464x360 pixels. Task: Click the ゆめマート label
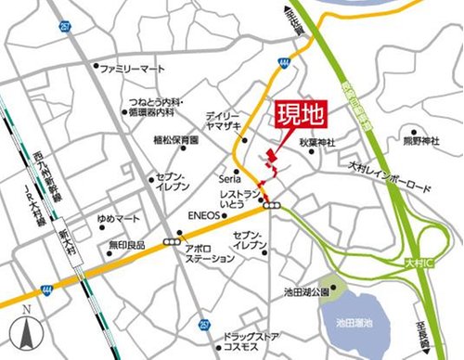tap(121, 219)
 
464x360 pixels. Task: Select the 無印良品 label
tap(127, 246)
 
